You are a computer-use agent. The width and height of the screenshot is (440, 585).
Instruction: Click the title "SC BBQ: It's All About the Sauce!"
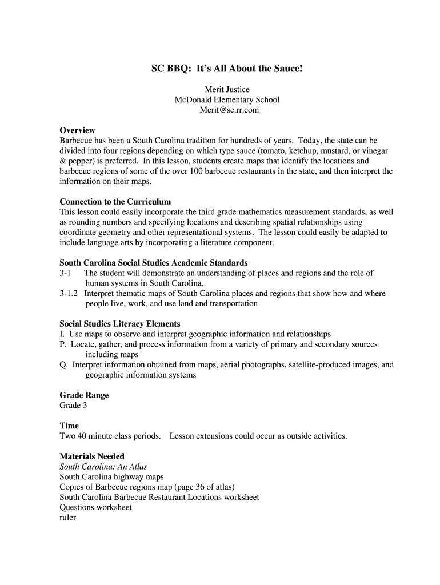(226, 69)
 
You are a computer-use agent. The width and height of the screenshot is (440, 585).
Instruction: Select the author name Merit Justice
(227, 89)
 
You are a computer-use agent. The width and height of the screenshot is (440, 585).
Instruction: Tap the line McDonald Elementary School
(227, 99)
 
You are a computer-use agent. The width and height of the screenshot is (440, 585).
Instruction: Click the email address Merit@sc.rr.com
(227, 110)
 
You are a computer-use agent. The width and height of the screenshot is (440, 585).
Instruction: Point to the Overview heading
(77, 130)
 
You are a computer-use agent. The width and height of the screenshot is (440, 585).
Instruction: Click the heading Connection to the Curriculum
(115, 202)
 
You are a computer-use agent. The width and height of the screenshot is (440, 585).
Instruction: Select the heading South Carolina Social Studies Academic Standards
(154, 263)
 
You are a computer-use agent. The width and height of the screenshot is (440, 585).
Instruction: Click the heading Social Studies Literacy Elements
(120, 324)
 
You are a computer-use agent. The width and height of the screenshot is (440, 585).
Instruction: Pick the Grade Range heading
(84, 395)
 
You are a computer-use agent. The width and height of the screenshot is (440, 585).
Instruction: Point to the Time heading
(69, 426)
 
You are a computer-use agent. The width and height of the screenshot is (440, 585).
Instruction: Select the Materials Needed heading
(92, 456)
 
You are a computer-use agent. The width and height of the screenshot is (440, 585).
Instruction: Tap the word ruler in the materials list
(68, 518)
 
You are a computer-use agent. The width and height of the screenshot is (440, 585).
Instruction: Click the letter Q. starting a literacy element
(64, 364)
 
